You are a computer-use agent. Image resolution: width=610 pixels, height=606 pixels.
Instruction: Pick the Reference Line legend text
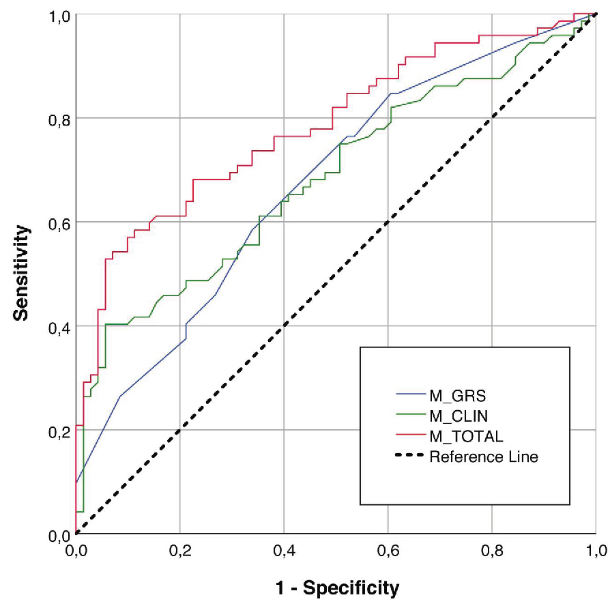click(x=484, y=457)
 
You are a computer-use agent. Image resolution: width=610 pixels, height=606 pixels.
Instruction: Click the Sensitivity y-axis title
click(x=23, y=274)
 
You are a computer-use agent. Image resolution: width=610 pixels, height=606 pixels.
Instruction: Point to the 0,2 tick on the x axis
click(x=180, y=549)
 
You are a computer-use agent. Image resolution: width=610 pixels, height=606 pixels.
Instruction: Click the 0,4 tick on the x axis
click(x=284, y=549)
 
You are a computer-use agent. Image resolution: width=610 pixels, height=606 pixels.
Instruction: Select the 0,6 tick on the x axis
click(x=388, y=549)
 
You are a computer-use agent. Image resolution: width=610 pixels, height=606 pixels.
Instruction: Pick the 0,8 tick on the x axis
click(x=492, y=549)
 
